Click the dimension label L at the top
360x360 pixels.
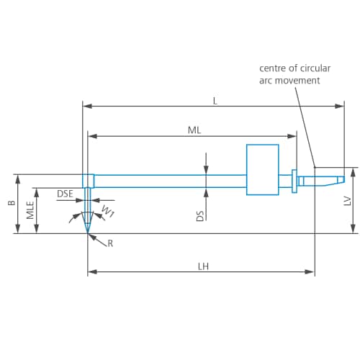[x=215, y=101]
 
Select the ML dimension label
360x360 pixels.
[x=194, y=130]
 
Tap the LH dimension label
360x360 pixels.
[x=204, y=266]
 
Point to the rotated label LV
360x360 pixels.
[x=347, y=202]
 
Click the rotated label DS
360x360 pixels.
[x=200, y=215]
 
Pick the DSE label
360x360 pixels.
[x=65, y=194]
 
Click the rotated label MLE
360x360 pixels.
[x=30, y=210]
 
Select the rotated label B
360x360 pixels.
[x=12, y=204]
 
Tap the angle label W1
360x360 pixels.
[x=107, y=212]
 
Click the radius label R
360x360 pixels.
[x=110, y=243]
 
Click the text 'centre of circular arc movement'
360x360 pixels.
[x=294, y=73]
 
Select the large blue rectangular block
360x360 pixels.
[x=262, y=169]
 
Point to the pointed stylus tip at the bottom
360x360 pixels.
[x=88, y=229]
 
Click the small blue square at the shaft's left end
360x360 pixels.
[x=88, y=180]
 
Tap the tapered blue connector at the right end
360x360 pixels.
[x=321, y=180]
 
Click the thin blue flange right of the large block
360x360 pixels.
[x=294, y=181]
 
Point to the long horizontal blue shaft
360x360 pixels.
[x=169, y=181]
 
